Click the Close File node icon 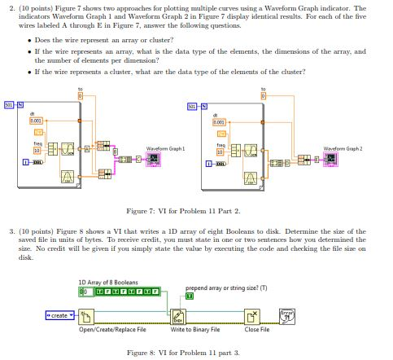[254, 315]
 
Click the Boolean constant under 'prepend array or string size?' [190, 296]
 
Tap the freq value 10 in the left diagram [37, 151]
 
